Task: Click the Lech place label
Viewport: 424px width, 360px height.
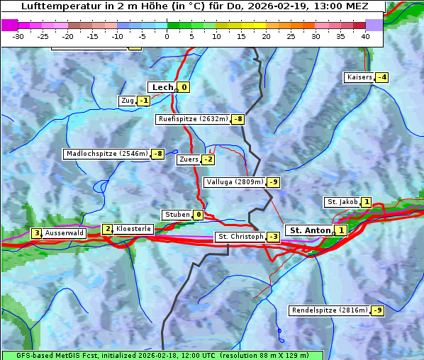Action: pyautogui.click(x=162, y=87)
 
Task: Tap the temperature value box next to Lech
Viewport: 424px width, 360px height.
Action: pyautogui.click(x=184, y=87)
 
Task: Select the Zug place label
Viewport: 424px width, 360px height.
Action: pyautogui.click(x=128, y=101)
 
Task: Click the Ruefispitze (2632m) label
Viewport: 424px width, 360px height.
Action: pyautogui.click(x=193, y=119)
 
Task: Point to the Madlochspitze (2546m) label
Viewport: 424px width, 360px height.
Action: pyautogui.click(x=106, y=154)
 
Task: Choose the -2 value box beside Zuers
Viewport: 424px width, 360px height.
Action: pyautogui.click(x=208, y=159)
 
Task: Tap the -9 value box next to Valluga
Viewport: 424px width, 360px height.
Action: pyautogui.click(x=274, y=182)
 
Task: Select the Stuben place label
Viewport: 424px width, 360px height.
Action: pyautogui.click(x=177, y=215)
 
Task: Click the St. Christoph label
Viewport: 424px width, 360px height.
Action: pyautogui.click(x=240, y=237)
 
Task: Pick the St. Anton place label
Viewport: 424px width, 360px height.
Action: pyautogui.click(x=310, y=230)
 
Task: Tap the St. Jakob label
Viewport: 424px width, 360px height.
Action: pyautogui.click(x=342, y=202)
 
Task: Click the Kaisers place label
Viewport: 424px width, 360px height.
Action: pyautogui.click(x=359, y=77)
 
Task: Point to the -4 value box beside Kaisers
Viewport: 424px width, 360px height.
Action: pyautogui.click(x=381, y=77)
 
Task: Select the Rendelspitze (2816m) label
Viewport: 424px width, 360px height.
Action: pyautogui.click(x=330, y=310)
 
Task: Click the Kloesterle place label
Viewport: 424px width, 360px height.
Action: pyautogui.click(x=133, y=229)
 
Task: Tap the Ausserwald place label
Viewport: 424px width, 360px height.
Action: pyautogui.click(x=65, y=232)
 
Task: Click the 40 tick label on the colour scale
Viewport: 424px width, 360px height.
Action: pyautogui.click(x=365, y=36)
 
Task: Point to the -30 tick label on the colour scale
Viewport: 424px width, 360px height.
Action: pyautogui.click(x=18, y=36)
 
